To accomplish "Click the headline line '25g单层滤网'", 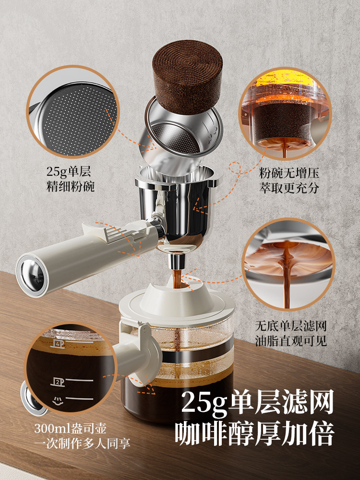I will (257, 403).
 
